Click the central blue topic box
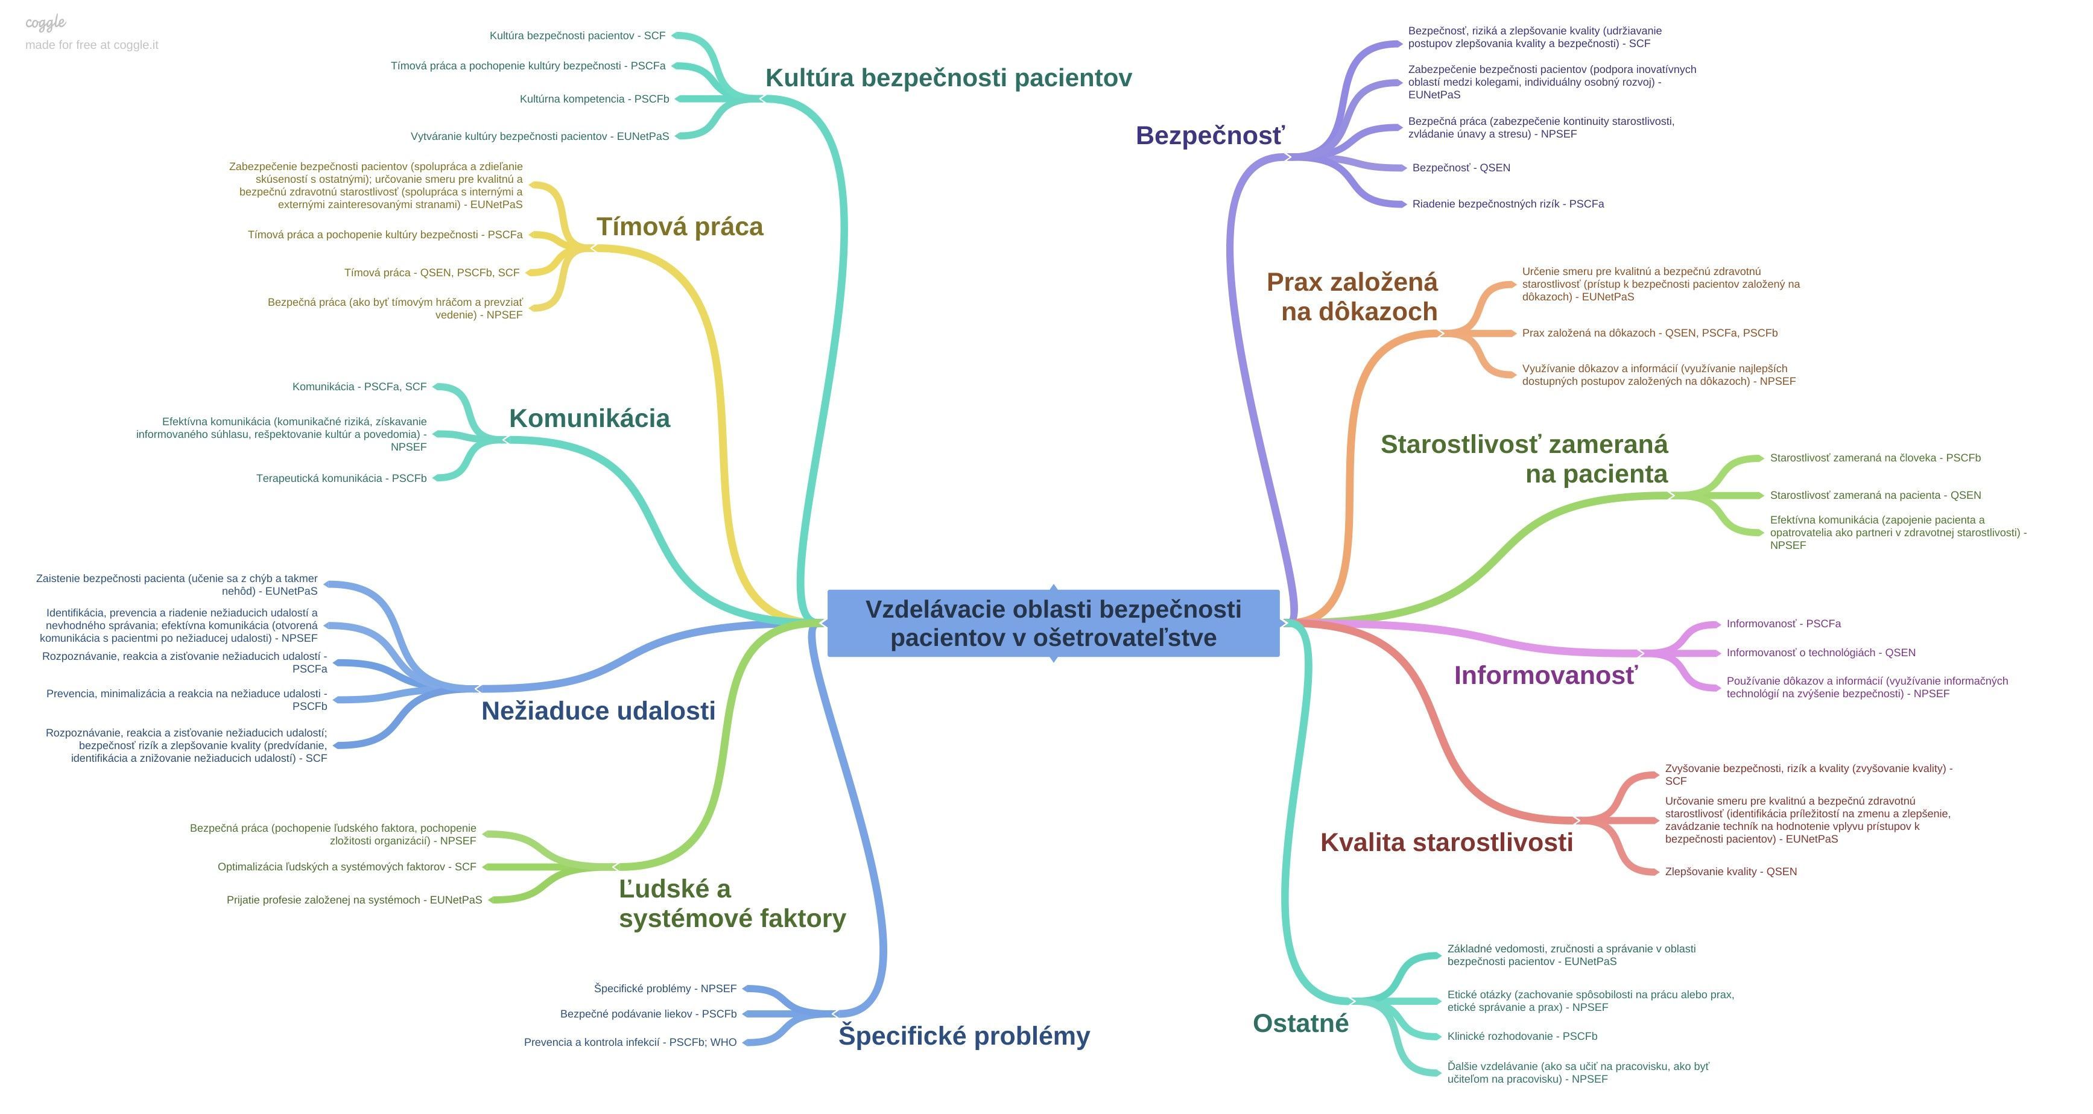tap(1053, 623)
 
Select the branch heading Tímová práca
tap(679, 227)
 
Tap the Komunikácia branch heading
tap(589, 419)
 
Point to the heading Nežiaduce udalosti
tap(598, 711)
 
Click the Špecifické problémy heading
tap(964, 1036)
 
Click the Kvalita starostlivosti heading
tap(1446, 843)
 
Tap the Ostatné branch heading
tap(1300, 1023)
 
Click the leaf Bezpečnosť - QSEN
tap(1461, 168)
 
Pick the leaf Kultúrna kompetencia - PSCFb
tap(594, 99)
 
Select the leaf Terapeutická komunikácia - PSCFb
tap(341, 478)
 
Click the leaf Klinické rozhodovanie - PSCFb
tap(1522, 1037)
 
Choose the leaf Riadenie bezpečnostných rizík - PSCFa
tap(1507, 204)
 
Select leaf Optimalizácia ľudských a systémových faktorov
tap(346, 867)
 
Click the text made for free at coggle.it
tap(92, 45)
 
